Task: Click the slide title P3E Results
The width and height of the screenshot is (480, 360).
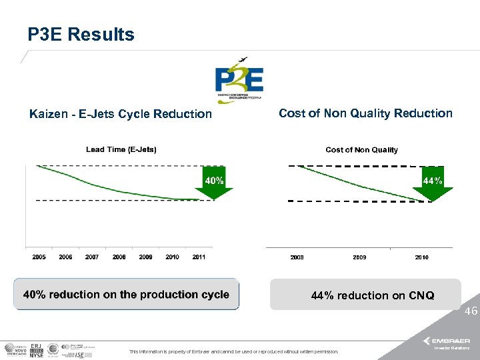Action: pos(81,35)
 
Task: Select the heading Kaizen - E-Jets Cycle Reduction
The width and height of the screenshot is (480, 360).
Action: pos(121,114)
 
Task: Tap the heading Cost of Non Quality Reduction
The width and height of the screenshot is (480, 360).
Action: pos(365,113)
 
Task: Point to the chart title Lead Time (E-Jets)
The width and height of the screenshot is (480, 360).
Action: pos(121,149)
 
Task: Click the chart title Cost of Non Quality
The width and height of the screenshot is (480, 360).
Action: pos(361,150)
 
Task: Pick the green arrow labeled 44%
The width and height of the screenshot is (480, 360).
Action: pos(432,183)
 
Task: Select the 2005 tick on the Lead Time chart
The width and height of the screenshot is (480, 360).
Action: pos(39,257)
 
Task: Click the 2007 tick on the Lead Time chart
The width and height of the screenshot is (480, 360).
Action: pos(92,257)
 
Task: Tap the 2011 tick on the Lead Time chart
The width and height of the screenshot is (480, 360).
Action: pos(198,257)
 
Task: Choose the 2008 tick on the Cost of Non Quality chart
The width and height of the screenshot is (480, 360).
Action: pos(297,257)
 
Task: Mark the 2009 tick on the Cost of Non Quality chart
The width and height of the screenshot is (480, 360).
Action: pos(359,257)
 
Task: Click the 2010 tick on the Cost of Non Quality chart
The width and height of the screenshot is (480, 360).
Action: pos(421,257)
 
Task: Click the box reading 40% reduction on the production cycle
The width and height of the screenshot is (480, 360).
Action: pos(126,295)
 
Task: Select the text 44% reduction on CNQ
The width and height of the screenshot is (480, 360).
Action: pos(373,295)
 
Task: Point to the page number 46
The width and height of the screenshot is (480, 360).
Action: pos(471,311)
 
